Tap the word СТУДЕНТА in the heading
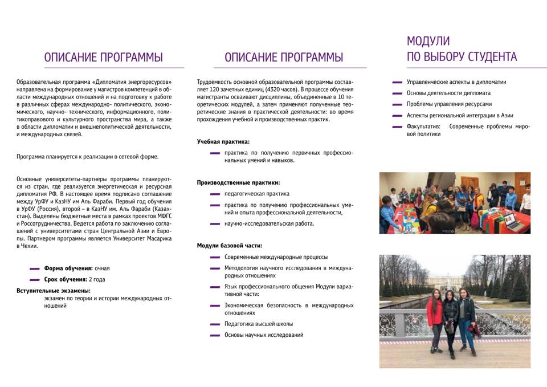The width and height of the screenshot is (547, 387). pyautogui.click(x=492, y=57)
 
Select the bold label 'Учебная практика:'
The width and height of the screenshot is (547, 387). pyautogui.click(x=223, y=141)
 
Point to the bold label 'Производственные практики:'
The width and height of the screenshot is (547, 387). pyautogui.click(x=238, y=182)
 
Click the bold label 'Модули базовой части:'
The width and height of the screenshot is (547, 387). pyautogui.click(x=230, y=246)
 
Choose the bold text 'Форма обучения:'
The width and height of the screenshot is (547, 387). pyautogui.click(x=68, y=268)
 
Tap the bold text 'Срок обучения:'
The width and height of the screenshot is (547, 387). pyautogui.click(x=66, y=280)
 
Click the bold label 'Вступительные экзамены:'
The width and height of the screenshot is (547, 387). pyautogui.click(x=54, y=291)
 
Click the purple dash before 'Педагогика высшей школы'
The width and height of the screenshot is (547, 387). pyautogui.click(x=215, y=324)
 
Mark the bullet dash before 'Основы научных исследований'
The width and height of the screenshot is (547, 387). pyautogui.click(x=215, y=335)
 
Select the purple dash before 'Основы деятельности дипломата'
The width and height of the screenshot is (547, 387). pyautogui.click(x=397, y=93)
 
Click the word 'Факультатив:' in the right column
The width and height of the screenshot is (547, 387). pyautogui.click(x=423, y=127)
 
